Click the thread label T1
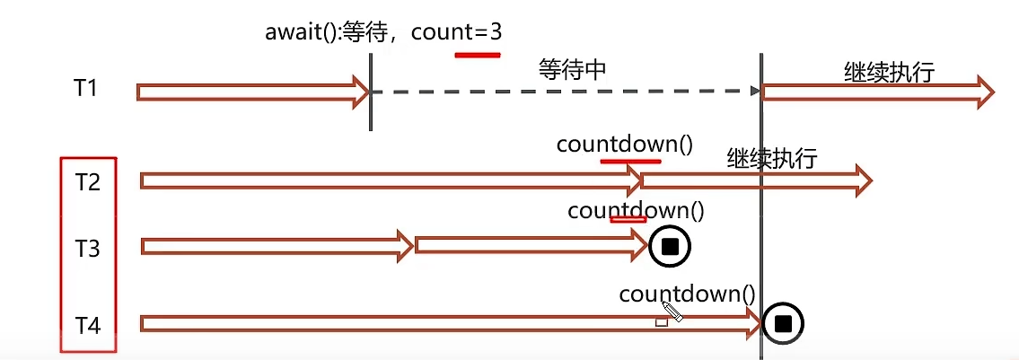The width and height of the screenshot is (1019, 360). tap(86, 89)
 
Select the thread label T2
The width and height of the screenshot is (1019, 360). tap(86, 182)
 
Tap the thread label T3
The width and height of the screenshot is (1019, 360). tap(86, 249)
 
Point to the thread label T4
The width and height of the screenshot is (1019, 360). tap(86, 324)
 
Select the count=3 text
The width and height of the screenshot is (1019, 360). tap(461, 32)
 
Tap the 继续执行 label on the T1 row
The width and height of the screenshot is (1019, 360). tap(889, 72)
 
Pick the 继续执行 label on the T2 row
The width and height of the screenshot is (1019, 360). tap(772, 159)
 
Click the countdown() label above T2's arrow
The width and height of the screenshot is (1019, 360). tap(625, 145)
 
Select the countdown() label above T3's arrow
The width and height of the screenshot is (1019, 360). tap(636, 211)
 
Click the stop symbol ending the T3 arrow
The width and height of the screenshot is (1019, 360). tap(669, 246)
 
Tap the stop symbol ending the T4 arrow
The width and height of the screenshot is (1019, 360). tap(782, 324)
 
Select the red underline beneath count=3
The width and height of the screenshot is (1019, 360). tap(477, 55)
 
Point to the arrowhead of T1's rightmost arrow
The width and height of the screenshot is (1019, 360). tap(985, 92)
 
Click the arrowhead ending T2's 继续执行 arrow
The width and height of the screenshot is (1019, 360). tap(863, 181)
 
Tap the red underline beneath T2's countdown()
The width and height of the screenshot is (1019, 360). tap(630, 162)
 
